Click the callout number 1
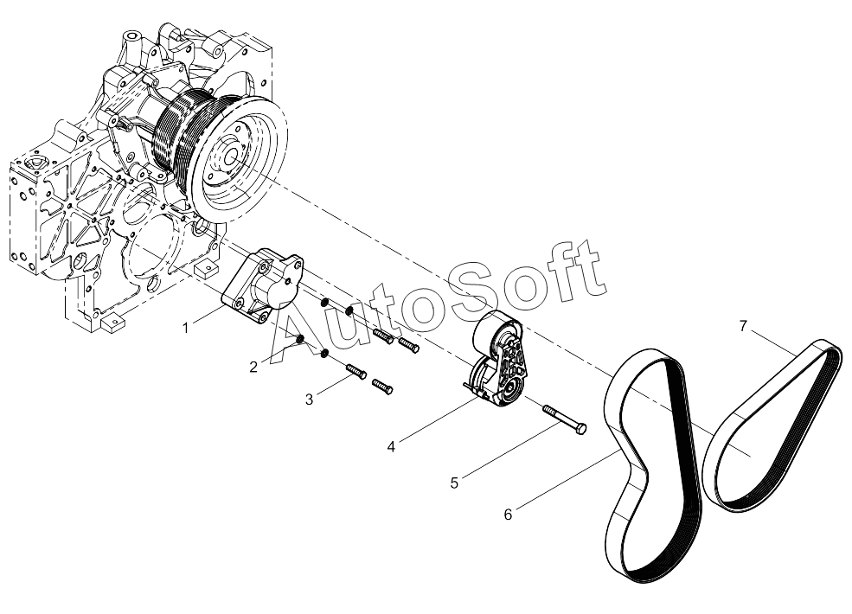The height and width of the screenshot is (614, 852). coord(186,329)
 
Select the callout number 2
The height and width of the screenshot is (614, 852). coord(253,368)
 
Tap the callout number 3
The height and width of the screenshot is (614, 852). coord(309,400)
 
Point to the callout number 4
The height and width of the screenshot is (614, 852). coord(391,446)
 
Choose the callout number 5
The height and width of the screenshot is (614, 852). coord(455,483)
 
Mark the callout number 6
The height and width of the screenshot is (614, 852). coord(508,515)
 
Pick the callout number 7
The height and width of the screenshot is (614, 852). coord(743,326)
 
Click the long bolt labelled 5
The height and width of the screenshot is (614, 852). coord(565,419)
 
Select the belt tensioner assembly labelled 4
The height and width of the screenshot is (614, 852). coord(497,359)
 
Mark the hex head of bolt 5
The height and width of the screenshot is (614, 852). coord(581,428)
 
